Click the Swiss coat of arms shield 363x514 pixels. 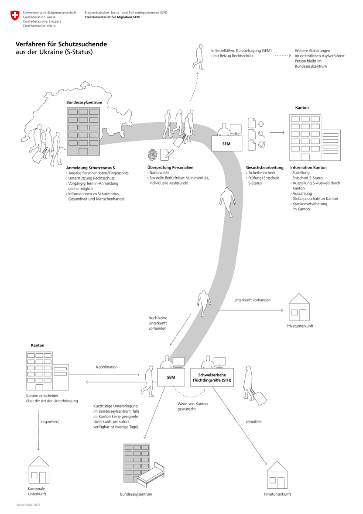point(15,17)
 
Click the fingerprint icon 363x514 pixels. point(153,155)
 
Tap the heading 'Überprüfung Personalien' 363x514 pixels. point(170,168)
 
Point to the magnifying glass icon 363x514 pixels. point(262,135)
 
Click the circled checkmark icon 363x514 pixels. point(262,145)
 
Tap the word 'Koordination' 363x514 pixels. point(107,367)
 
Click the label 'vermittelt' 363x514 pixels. point(253,421)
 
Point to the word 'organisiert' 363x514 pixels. point(50,422)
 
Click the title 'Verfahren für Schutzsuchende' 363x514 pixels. point(61,44)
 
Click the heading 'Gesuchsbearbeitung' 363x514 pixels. point(265,168)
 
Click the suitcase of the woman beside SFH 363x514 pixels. point(260,397)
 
